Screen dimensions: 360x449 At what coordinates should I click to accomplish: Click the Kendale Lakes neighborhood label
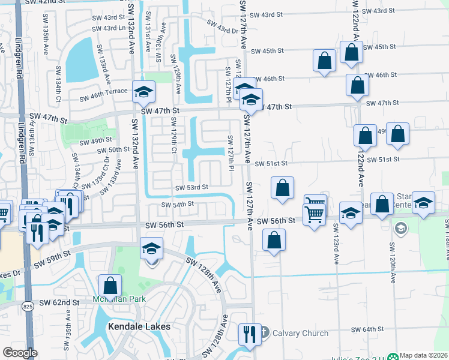[x=139, y=326]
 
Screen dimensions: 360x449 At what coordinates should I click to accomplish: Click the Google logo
[x=20, y=353]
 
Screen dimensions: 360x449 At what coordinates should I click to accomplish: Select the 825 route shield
[x=28, y=305]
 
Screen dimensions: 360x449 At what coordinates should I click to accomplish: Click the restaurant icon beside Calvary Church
[x=249, y=334]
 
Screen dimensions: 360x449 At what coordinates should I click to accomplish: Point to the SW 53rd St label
[x=191, y=187]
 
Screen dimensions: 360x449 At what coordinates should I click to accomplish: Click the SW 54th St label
[x=177, y=204]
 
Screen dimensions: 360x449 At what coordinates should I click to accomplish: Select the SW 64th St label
[x=367, y=329]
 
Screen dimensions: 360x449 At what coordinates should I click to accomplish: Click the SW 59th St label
[x=52, y=259]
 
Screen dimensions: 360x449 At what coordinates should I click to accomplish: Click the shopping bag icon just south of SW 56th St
[x=274, y=241]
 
